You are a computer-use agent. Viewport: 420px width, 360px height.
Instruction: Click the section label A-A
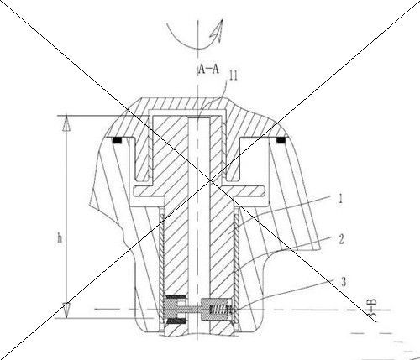208,69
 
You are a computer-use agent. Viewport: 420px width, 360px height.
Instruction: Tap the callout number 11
233,76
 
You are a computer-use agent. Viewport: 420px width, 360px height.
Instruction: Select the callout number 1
340,199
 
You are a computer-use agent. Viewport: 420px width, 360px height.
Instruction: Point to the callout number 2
341,239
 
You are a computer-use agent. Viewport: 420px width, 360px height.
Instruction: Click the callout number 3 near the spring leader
344,282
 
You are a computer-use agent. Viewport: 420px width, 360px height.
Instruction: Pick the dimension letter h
60,238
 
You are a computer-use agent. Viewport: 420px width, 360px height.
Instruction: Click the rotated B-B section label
372,308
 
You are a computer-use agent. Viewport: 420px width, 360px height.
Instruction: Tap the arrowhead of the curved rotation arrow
218,30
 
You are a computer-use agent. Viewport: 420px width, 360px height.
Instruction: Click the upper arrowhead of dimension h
66,123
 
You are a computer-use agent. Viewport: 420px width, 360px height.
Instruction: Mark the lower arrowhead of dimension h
66,310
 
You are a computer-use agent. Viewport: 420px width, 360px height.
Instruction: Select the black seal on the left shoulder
118,140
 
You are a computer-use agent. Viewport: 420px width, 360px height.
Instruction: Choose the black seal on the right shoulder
281,140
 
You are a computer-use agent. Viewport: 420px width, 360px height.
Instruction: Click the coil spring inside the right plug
220,310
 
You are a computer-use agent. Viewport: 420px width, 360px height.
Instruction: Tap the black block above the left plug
176,296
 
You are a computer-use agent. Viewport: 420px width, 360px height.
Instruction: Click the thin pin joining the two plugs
193,310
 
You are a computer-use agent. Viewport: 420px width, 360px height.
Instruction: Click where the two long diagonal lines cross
211,180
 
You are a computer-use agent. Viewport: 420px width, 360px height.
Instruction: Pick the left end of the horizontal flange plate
134,191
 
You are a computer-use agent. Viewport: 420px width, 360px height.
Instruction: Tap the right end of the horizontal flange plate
264,191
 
